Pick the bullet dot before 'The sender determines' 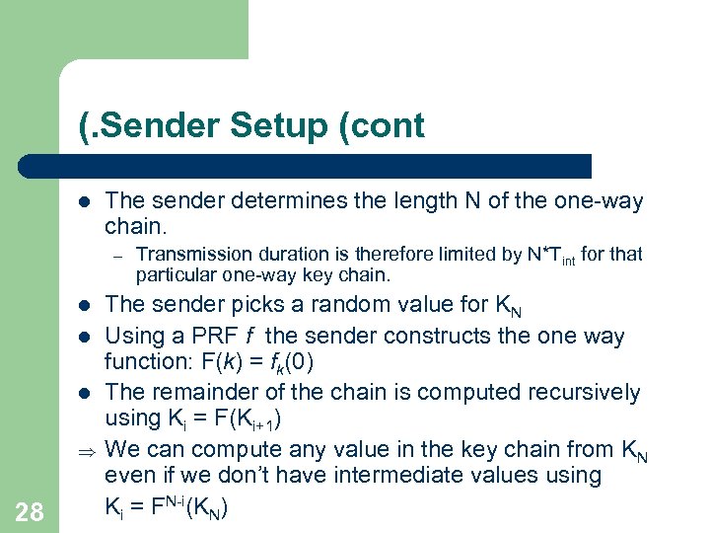click(x=84, y=202)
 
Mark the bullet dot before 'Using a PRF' click(x=84, y=337)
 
